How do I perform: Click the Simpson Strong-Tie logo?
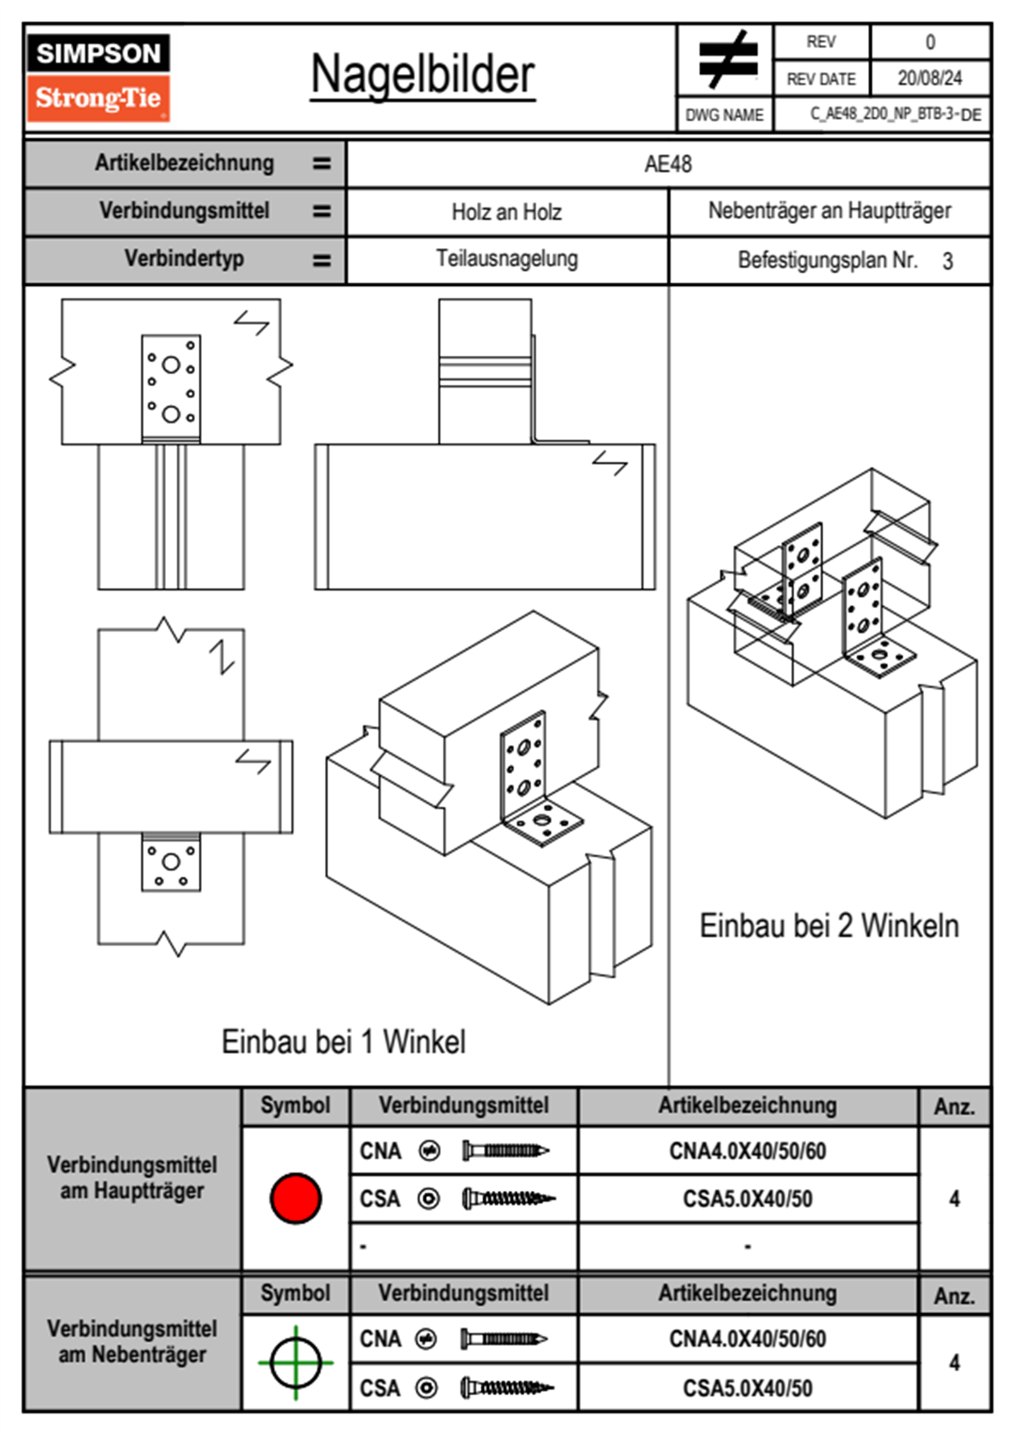[x=98, y=78]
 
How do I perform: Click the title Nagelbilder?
[x=423, y=74]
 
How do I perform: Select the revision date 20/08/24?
[x=930, y=79]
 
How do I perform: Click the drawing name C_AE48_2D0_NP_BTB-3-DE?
[x=896, y=114]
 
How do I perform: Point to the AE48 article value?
[x=668, y=164]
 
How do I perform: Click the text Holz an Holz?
[x=506, y=212]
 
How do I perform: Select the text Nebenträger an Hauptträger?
[x=830, y=210]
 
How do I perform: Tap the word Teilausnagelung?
[x=507, y=259]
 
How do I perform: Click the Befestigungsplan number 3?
[x=948, y=261]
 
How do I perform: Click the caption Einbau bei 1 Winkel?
[x=343, y=1042]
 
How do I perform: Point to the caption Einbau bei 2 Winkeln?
[x=829, y=926]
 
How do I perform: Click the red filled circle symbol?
[x=295, y=1198]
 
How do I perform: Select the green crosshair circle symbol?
[x=295, y=1362]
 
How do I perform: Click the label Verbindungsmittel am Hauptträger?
[x=132, y=1177]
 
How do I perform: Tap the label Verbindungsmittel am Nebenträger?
[x=132, y=1341]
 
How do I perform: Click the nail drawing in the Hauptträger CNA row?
[x=505, y=1151]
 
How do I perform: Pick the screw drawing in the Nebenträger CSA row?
[x=507, y=1388]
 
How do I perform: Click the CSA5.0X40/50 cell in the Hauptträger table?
[x=747, y=1198]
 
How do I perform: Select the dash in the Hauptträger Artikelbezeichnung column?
[x=747, y=1246]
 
